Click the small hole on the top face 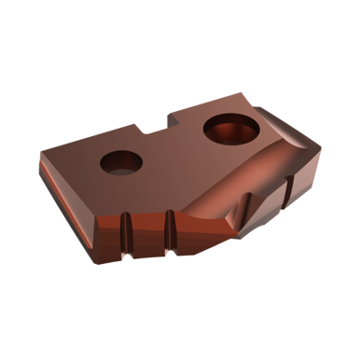[x=122, y=161]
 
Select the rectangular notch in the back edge [x=153, y=125]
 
